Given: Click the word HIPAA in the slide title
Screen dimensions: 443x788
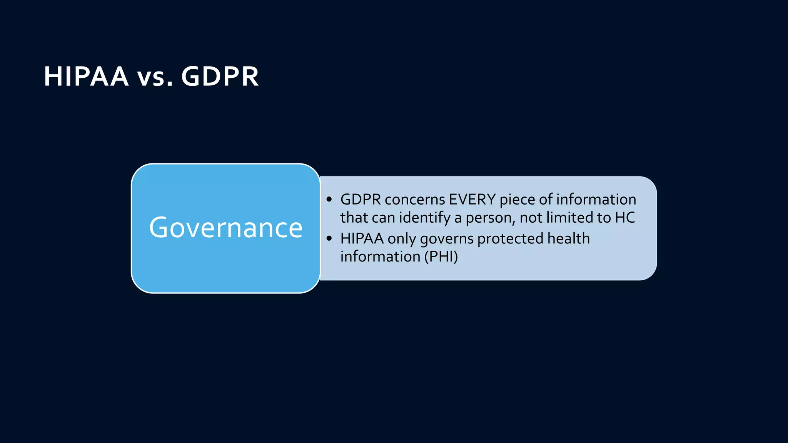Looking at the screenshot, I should [x=86, y=76].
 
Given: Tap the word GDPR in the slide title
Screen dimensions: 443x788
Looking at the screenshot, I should [x=220, y=76].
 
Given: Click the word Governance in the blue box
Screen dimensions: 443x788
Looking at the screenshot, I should [x=226, y=228].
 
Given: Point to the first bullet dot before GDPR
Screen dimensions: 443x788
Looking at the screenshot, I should [x=329, y=200].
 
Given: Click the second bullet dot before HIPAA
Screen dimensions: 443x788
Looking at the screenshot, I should [x=329, y=239].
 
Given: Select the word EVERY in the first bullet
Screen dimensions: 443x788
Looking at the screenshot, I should [x=472, y=200].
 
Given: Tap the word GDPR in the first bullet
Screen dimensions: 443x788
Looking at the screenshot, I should [x=361, y=200].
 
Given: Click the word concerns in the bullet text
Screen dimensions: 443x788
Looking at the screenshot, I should [x=415, y=200].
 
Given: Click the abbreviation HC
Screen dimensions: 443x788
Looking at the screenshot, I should [x=625, y=218].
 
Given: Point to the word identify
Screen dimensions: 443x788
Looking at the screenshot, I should [x=425, y=218].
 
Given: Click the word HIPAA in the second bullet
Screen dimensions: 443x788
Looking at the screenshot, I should [x=362, y=239].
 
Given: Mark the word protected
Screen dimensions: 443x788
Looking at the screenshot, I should [x=510, y=239].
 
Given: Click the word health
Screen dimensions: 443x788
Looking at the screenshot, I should [x=568, y=238].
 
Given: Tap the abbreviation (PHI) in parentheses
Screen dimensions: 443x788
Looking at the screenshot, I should [x=441, y=257].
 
